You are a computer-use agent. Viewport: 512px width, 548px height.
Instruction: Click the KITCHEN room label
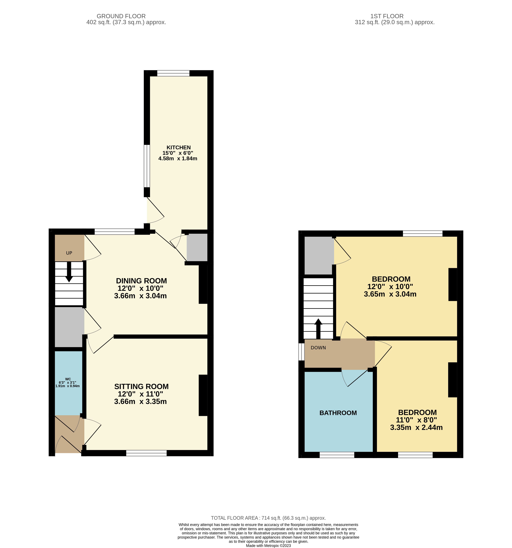pos(179,147)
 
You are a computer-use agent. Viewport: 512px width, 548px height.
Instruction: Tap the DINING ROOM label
pos(141,281)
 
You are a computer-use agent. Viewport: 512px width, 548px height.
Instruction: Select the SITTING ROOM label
pos(141,387)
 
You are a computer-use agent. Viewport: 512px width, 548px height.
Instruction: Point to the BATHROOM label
pos(338,413)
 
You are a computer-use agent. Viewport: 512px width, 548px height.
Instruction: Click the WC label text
pos(68,379)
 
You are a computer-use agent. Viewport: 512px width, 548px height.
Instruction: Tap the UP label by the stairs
pos(69,253)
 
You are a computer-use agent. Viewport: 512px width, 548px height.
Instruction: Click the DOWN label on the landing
pos(318,348)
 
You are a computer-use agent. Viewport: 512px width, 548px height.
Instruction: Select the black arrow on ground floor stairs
pos(69,272)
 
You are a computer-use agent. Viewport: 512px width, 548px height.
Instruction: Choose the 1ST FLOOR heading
pos(387,16)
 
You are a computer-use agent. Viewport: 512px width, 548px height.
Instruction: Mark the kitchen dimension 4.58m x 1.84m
pos(178,159)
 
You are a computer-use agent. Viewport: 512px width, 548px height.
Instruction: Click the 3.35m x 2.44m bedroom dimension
pos(416,428)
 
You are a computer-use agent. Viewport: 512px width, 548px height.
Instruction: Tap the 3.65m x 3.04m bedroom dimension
pos(390,294)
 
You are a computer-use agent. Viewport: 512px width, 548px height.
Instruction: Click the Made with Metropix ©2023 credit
pos(268,546)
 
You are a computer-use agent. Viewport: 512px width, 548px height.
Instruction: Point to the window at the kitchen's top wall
pos(173,73)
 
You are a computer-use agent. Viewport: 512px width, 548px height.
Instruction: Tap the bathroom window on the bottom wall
pos(337,455)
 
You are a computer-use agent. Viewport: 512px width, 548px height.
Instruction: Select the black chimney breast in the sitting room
pos(203,395)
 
